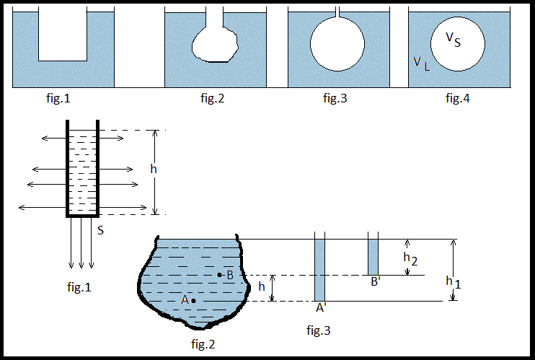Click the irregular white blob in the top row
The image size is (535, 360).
click(215, 45)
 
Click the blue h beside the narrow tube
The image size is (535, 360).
click(152, 170)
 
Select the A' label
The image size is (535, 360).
click(321, 307)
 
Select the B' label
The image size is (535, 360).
click(376, 281)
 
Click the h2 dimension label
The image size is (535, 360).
click(409, 258)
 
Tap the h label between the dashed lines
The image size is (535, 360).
click(262, 286)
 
